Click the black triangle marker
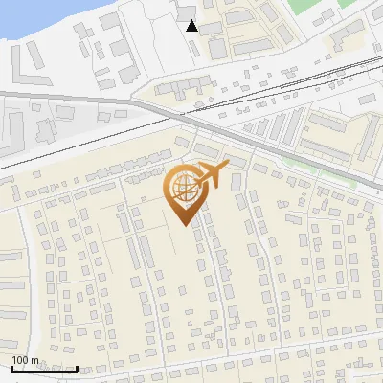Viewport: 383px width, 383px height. click(x=192, y=26)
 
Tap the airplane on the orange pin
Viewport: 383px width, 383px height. click(x=212, y=176)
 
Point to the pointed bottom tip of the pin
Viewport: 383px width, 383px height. click(x=183, y=225)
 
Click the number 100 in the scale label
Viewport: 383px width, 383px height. click(x=21, y=360)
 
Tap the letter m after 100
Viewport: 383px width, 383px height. click(x=35, y=360)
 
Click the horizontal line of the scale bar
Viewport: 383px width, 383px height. click(x=43, y=369)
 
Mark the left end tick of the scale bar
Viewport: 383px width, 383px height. click(x=11, y=367)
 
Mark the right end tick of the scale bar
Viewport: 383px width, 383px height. click(x=77, y=367)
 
